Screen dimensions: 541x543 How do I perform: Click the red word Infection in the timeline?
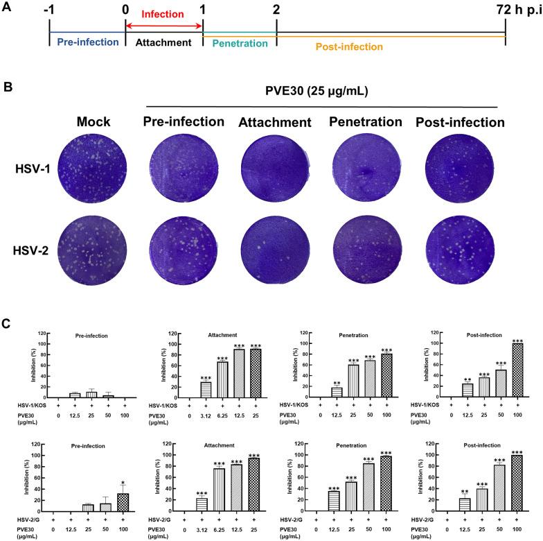pyautogui.click(x=163, y=14)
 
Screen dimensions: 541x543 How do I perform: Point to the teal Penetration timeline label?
pyautogui.click(x=239, y=43)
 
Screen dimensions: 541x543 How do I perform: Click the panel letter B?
pyautogui.click(x=9, y=88)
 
